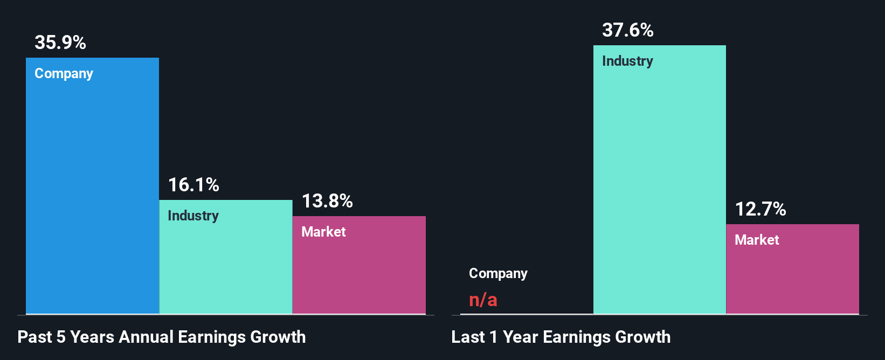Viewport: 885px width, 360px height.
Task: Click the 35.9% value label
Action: [60, 43]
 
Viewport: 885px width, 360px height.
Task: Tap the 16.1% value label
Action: [193, 185]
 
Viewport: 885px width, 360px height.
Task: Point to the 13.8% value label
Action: [327, 201]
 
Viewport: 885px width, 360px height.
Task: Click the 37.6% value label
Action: [628, 30]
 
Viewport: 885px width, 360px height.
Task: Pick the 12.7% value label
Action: [760, 209]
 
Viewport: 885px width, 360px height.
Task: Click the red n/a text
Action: [483, 299]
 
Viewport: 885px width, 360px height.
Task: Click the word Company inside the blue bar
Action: [64, 74]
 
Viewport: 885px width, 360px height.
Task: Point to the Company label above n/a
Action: [498, 274]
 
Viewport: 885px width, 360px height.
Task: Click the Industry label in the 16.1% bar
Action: [193, 216]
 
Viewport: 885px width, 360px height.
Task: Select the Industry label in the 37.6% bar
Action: [627, 61]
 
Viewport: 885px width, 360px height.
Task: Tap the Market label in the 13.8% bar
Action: [323, 232]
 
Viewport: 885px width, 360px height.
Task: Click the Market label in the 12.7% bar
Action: [757, 240]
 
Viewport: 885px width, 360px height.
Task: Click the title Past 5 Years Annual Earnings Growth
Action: [162, 337]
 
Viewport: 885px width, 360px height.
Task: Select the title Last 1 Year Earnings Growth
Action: [561, 337]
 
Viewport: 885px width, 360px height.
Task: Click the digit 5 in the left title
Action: [61, 337]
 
